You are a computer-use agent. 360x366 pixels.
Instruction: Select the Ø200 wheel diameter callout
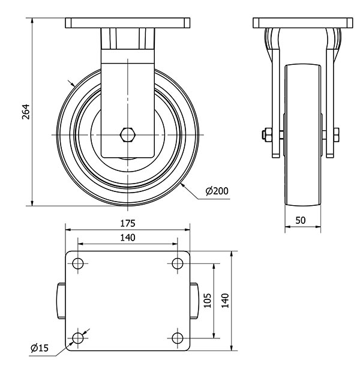[216, 191]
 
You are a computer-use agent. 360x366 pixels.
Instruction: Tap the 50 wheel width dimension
[301, 220]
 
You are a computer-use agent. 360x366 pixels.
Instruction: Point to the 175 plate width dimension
[127, 223]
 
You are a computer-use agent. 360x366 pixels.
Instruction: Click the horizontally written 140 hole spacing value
[127, 238]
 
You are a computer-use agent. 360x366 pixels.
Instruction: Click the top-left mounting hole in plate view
[77, 263]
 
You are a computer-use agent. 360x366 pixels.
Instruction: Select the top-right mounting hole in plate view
[177, 263]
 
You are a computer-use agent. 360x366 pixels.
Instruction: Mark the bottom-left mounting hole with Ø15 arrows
[77, 338]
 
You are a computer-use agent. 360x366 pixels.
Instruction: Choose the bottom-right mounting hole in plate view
[177, 338]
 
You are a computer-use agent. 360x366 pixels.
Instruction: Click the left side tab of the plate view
[61, 301]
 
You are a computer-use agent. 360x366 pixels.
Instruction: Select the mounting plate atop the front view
[127, 23]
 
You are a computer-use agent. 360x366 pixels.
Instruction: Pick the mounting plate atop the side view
[301, 23]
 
